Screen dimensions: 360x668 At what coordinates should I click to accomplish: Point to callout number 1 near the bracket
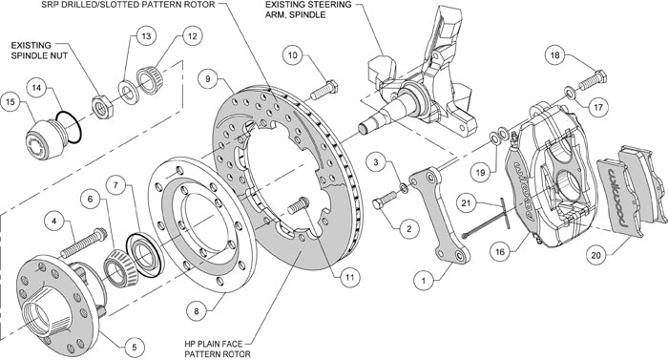click(422, 280)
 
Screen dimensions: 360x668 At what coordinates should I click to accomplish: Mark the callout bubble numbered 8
click(196, 309)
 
